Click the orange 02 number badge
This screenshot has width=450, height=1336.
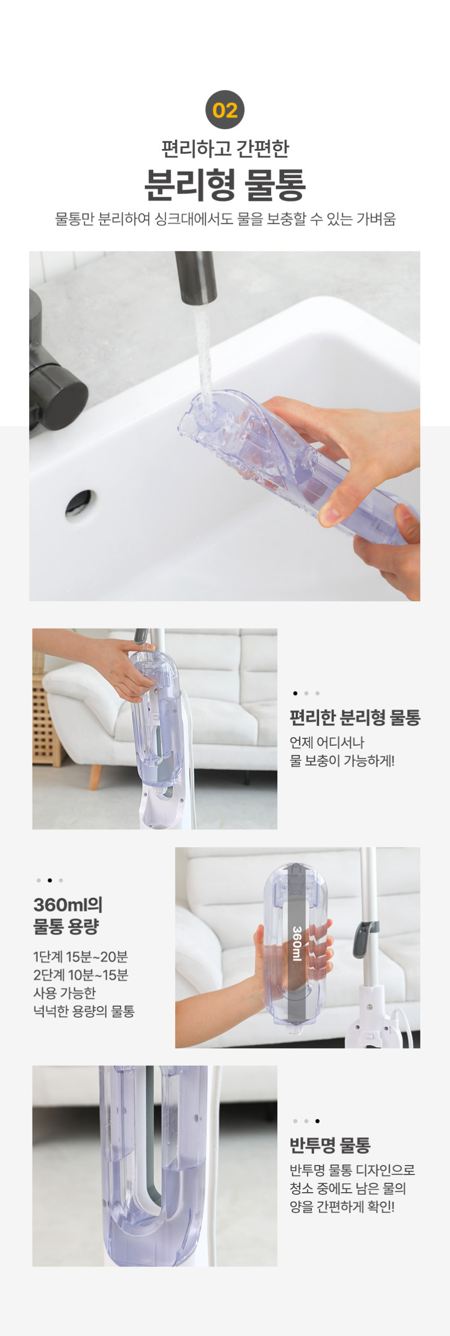coord(225,110)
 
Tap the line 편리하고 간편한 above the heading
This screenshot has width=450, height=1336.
coord(225,149)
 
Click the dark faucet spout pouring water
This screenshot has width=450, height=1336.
coord(196,278)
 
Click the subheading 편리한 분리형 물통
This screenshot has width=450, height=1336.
coord(355,717)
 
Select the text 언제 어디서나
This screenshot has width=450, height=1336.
coord(327,743)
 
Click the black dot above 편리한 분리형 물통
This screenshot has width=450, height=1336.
coord(295,693)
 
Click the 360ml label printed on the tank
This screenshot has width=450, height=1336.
coord(297,943)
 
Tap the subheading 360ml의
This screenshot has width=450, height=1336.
coord(68,904)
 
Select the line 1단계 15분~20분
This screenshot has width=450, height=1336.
coord(81,957)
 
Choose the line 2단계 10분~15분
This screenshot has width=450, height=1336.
coord(81,975)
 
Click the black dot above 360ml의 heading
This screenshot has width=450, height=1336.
coord(50,881)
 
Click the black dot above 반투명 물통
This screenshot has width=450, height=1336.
coord(318,1121)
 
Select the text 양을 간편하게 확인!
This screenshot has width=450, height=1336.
coord(342,1207)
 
